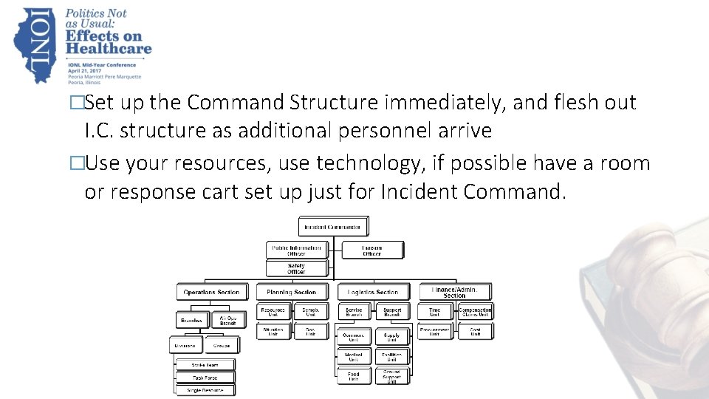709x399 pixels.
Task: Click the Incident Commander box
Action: [x=333, y=227]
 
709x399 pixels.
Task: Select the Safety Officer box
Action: [x=295, y=268]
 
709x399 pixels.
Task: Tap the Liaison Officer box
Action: [x=372, y=250]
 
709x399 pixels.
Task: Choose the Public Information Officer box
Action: [x=295, y=250]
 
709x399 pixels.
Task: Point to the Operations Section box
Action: [x=211, y=292]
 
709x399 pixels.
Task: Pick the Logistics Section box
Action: [x=372, y=292]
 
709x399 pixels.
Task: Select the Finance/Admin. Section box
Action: [x=455, y=292]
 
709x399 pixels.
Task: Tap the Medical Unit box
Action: [x=354, y=356]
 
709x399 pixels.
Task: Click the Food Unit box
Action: [x=354, y=377]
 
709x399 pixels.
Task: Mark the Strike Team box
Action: [x=205, y=364]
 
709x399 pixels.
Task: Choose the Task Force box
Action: [x=205, y=377]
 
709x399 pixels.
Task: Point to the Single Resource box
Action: [x=205, y=389]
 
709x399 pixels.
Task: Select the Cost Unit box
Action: [x=476, y=332]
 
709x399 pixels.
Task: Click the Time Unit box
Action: [x=435, y=313]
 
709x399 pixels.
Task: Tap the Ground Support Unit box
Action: [x=392, y=377]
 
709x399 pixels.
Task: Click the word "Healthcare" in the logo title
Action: [x=108, y=49]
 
